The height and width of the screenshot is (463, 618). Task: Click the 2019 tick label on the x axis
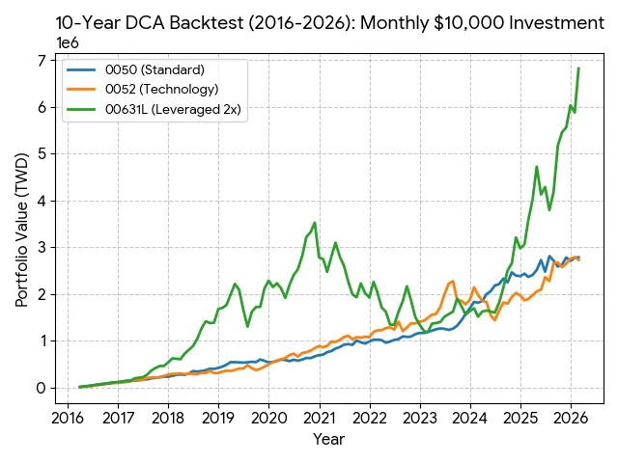(218, 418)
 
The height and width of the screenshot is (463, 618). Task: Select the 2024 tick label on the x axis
(469, 418)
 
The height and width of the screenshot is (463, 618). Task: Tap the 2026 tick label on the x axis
(570, 418)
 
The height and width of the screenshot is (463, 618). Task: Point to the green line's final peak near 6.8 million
(578, 68)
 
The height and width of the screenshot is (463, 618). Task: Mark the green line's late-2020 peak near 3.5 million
(315, 223)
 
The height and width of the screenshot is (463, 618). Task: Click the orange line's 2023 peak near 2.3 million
(453, 281)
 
